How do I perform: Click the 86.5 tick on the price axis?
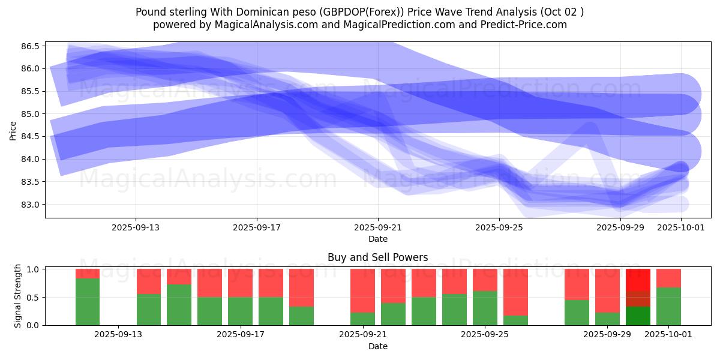pyautogui.click(x=31, y=46)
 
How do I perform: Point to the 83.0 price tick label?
pyautogui.click(x=31, y=205)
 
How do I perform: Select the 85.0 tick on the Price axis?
pyautogui.click(x=31, y=114)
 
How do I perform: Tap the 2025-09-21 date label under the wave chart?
pyautogui.click(x=378, y=227)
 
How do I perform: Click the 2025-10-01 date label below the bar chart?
pyautogui.click(x=668, y=335)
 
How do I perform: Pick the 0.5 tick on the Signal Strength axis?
pyautogui.click(x=33, y=298)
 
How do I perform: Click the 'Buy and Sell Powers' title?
pyautogui.click(x=377, y=257)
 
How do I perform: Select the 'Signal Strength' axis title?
pyautogui.click(x=18, y=295)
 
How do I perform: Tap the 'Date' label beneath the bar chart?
pyautogui.click(x=377, y=346)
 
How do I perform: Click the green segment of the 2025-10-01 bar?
pyautogui.click(x=668, y=306)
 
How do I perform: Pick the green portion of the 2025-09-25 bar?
pyautogui.click(x=485, y=308)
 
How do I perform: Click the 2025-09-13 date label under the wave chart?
pyautogui.click(x=135, y=227)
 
